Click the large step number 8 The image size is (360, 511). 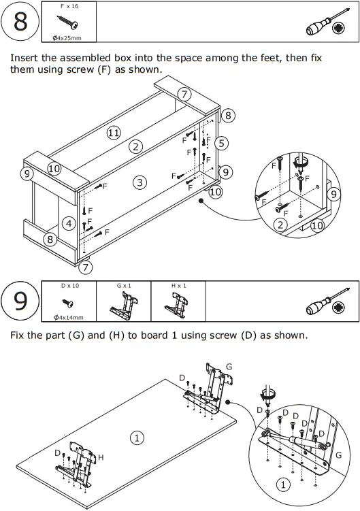point(20,22)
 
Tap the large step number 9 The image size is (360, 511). point(20,301)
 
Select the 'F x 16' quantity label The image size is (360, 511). point(69,6)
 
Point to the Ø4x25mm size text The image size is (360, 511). point(67,38)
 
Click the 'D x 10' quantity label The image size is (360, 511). point(70,286)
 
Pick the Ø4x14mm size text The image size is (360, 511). point(69,317)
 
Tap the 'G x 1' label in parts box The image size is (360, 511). point(124,286)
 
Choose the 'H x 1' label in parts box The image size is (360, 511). point(179,286)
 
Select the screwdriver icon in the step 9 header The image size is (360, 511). point(328,302)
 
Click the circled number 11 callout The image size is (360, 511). point(114,133)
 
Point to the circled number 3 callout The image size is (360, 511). point(140,182)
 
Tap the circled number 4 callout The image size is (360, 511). point(69,224)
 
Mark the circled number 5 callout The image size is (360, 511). point(221,143)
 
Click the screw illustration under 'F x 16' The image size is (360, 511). point(67,22)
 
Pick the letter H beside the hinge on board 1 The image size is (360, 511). point(101,457)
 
